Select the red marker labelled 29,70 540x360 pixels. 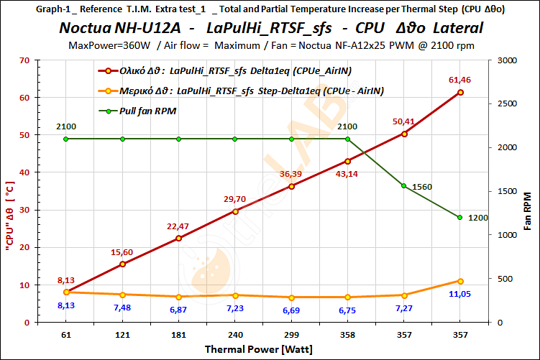235,211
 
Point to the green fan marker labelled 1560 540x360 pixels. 404,186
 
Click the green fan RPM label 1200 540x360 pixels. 477,218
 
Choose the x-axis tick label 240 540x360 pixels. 235,334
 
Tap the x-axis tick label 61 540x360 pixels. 66,334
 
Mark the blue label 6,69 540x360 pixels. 290,310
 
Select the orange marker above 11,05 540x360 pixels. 460,281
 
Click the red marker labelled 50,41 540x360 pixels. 404,134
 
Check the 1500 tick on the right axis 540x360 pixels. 505,191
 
